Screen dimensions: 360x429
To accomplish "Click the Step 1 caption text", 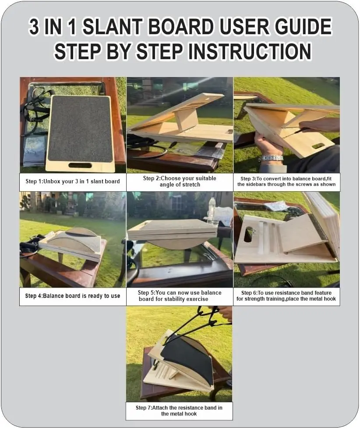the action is click(x=73, y=181).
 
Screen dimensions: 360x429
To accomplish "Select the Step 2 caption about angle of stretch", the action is click(x=180, y=181).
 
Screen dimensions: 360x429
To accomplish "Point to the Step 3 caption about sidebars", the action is click(x=286, y=181).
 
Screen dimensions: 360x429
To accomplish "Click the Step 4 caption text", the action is click(x=73, y=296).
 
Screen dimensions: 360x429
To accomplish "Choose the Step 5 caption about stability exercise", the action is click(x=180, y=296).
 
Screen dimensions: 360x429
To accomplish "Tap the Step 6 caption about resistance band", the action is click(x=286, y=296).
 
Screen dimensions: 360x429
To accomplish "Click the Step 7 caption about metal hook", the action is click(x=179, y=411).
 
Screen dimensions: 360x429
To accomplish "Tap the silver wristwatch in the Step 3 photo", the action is click(x=271, y=158).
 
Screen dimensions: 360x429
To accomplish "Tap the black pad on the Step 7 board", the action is click(x=189, y=360).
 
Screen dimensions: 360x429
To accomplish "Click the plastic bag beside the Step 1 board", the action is click(x=34, y=151).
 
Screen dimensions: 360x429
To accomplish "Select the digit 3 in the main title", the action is click(x=34, y=27).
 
